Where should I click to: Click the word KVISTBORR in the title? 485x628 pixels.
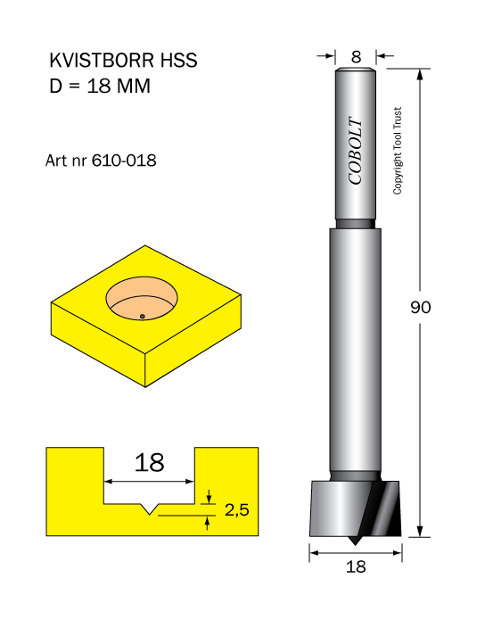102,61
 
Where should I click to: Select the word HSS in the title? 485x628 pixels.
179,61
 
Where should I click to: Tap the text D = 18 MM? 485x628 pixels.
100,87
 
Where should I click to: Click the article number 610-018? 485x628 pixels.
124,161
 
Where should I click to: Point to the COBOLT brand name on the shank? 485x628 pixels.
356,151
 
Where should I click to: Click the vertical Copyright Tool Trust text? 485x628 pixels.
397,151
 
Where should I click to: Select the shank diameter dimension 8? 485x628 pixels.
356,57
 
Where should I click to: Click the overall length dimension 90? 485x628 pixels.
421,307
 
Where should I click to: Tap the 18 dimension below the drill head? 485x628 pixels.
356,566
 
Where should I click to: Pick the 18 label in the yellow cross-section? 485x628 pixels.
149,463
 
